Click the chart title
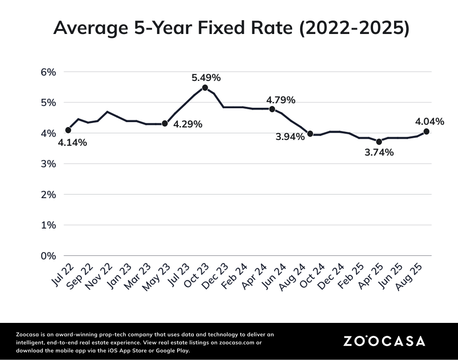pos(231,28)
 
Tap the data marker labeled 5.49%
pos(205,88)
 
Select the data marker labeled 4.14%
pos(68,130)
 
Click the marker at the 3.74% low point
pos(379,142)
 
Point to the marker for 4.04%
pos(426,131)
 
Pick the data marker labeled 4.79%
pos(272,109)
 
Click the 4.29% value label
pos(188,124)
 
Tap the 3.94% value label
pos(290,137)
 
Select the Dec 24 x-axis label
pos(334,275)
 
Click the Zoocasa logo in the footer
pos(384,341)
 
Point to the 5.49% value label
pos(206,77)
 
